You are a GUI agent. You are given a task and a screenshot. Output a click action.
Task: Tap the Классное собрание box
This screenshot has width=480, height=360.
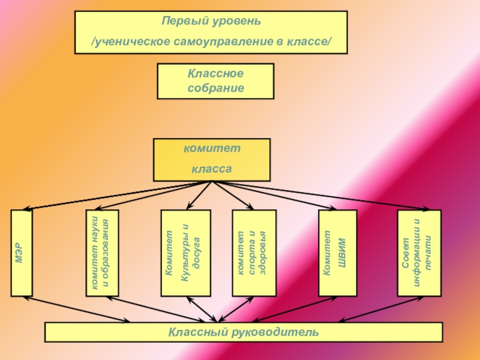pos(215,81)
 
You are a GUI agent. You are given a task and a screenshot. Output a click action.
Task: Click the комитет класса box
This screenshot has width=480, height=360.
pos(212,160)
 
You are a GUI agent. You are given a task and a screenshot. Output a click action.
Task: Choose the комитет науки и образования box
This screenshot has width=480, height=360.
pos(102,253)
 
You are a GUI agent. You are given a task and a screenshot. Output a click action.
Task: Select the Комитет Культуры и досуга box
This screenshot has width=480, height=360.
pos(185,253)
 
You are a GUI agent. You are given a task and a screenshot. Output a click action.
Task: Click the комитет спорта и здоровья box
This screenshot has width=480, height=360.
pos(254,253)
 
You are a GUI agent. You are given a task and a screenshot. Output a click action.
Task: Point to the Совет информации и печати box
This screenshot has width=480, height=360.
pos(419,253)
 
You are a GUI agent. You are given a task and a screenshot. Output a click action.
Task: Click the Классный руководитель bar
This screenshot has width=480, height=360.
pos(244,332)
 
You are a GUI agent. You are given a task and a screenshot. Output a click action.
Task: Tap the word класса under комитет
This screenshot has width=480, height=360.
pos(212,170)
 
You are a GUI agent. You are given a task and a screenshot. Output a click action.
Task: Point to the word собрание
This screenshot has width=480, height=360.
pos(215,88)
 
